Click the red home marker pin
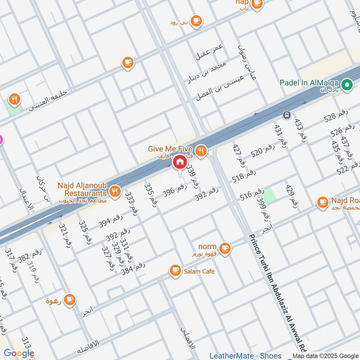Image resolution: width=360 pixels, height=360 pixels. click(x=180, y=162)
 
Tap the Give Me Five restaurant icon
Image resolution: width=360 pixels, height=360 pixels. click(x=201, y=151)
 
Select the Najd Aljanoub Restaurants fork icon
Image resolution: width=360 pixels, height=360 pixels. click(x=116, y=192)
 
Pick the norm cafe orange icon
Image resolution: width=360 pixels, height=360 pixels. click(x=225, y=247)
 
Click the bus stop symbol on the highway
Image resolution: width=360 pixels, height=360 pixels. click(x=286, y=115)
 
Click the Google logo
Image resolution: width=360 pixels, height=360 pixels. click(x=19, y=353)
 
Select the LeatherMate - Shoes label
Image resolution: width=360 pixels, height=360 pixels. click(x=245, y=355)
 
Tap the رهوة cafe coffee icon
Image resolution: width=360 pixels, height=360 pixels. click(x=69, y=300)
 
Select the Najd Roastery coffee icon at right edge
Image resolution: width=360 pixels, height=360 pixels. click(x=323, y=202)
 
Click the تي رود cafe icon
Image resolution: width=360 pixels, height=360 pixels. click(x=196, y=21)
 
